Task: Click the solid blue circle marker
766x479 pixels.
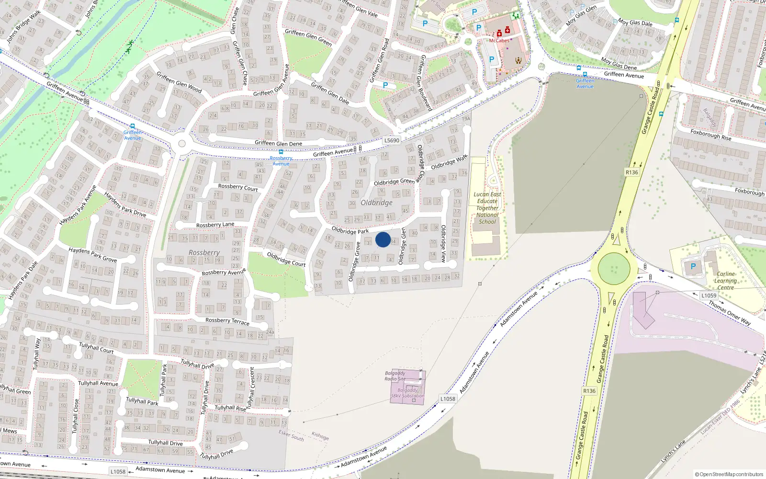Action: click(383, 239)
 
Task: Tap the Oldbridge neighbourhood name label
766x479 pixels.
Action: click(377, 203)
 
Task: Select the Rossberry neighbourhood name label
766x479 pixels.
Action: click(204, 252)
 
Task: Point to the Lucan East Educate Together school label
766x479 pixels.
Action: click(487, 208)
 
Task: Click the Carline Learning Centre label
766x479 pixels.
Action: click(725, 281)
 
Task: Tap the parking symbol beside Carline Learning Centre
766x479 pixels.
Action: click(693, 266)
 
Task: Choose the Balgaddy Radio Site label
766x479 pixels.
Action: click(395, 376)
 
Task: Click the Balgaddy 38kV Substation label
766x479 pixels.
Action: click(407, 393)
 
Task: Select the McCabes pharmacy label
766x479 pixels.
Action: click(499, 41)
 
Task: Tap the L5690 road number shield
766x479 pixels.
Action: click(392, 140)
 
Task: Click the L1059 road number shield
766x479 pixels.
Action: click(709, 296)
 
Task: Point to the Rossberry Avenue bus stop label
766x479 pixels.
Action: click(281, 160)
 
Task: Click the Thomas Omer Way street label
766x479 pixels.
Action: click(730, 313)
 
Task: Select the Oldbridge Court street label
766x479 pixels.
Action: click(286, 259)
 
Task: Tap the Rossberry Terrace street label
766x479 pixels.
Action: click(227, 321)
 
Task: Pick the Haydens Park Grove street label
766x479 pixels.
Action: click(92, 254)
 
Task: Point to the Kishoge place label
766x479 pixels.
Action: click(320, 436)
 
